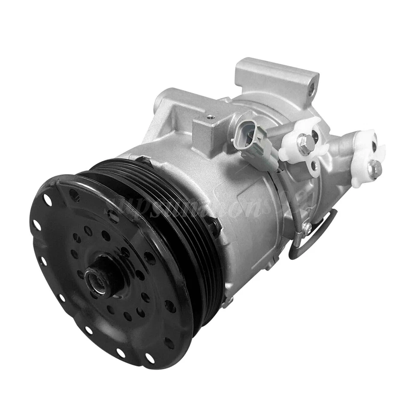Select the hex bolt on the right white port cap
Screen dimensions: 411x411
click(373, 168)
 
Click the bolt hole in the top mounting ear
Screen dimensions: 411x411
click(312, 89)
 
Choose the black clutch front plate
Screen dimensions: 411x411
click(107, 265)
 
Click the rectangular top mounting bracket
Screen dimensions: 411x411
click(274, 79)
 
